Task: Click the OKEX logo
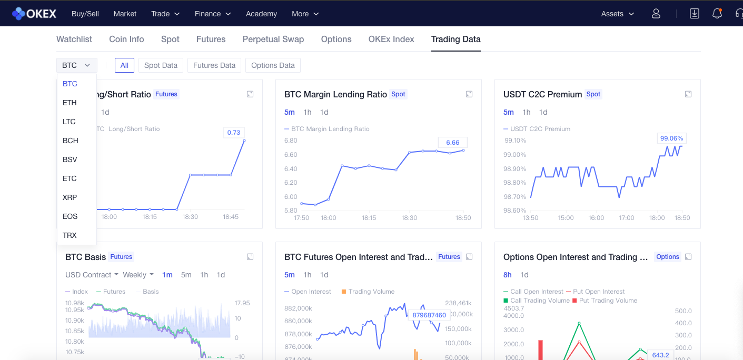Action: [34, 14]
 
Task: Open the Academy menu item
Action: [261, 14]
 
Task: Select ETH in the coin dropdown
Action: [70, 103]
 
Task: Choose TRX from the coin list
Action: [70, 235]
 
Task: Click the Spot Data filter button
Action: [161, 65]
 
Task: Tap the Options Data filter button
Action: [273, 65]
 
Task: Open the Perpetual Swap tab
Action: [273, 39]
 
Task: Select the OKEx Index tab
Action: [391, 39]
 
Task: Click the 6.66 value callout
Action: [452, 143]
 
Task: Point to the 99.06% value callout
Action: [671, 138]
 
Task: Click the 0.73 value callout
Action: [233, 133]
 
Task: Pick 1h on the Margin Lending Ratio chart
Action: [308, 112]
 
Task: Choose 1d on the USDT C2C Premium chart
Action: [543, 112]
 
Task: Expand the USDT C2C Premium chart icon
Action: [688, 94]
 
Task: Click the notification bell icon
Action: [717, 14]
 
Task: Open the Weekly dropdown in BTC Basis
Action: [138, 275]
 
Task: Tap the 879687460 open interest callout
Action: [429, 315]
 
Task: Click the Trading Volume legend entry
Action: [368, 292]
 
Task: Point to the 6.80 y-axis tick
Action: [291, 141]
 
